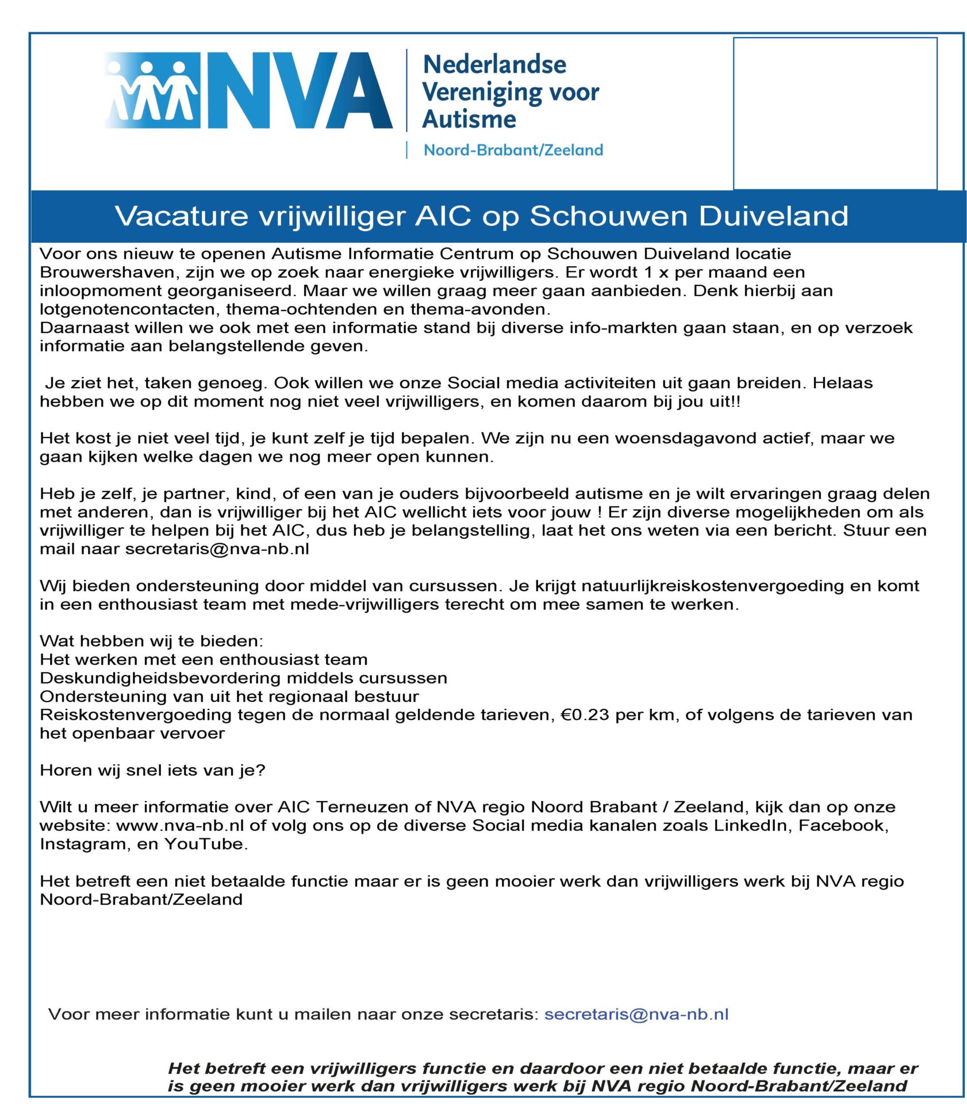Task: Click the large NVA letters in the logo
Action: (299, 90)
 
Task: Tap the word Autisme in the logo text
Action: (469, 119)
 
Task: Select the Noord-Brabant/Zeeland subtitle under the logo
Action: (513, 150)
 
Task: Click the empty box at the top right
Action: (834, 113)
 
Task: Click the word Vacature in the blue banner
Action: (181, 217)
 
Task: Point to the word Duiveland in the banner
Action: (773, 217)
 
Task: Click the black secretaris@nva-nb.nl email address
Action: (217, 549)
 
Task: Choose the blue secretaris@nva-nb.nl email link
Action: (636, 1014)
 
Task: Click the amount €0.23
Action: (584, 715)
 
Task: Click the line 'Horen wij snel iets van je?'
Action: (152, 770)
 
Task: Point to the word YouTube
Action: (205, 844)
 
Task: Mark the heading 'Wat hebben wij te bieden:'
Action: (151, 641)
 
